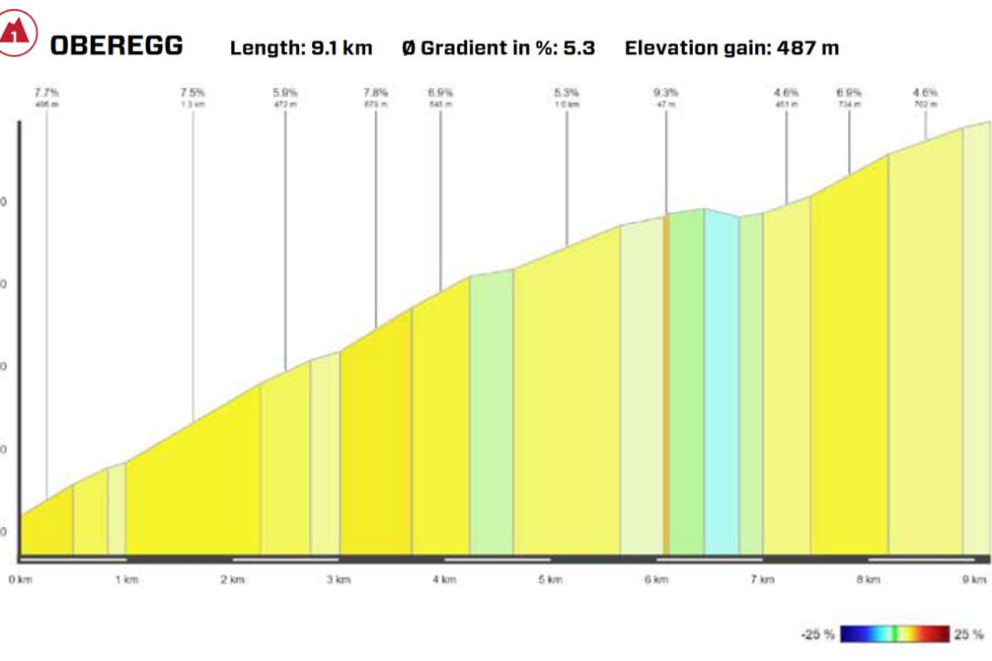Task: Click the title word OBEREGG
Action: tap(117, 45)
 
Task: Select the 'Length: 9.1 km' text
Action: tap(301, 47)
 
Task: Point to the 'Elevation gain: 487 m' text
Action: tap(732, 47)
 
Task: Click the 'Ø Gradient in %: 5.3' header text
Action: tap(498, 47)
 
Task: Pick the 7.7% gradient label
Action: tap(46, 93)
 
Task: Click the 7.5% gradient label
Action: tap(193, 93)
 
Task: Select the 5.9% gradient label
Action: tap(285, 93)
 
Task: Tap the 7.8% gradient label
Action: tap(376, 93)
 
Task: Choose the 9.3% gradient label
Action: tap(666, 93)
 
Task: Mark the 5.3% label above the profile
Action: tap(567, 93)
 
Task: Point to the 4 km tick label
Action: tap(444, 580)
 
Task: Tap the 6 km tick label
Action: tap(656, 580)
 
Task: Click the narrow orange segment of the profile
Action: tap(666, 390)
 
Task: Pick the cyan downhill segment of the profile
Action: tap(721, 390)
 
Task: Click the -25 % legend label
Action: tap(817, 635)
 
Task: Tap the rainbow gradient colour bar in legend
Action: tap(894, 635)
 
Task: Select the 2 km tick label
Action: tap(232, 580)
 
